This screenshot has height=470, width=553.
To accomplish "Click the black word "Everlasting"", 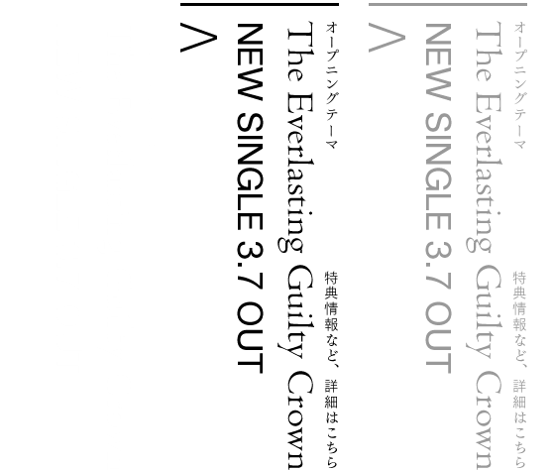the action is pos(295,173).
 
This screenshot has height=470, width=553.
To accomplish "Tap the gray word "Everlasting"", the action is pos(484,173).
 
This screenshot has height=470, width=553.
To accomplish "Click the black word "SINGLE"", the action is pos(250,172).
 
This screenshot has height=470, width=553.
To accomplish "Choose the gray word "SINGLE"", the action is pos(438,172).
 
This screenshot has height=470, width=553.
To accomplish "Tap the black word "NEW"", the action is pos(250,62).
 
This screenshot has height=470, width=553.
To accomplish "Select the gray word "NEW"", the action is pos(438,62).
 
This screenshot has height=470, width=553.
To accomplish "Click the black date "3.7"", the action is pos(250,267).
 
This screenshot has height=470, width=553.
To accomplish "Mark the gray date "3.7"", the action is pos(438,267).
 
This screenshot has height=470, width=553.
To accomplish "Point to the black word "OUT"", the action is pos(250,338).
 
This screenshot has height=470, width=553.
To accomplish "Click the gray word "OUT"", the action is pos(438,338).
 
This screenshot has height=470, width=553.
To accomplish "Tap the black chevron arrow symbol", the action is pos(198,38).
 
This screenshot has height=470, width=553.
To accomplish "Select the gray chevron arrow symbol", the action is pos(387,38).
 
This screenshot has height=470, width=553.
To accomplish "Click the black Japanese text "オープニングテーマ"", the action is pos(332,85).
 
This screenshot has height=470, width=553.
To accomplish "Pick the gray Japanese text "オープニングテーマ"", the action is pos(520,85).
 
